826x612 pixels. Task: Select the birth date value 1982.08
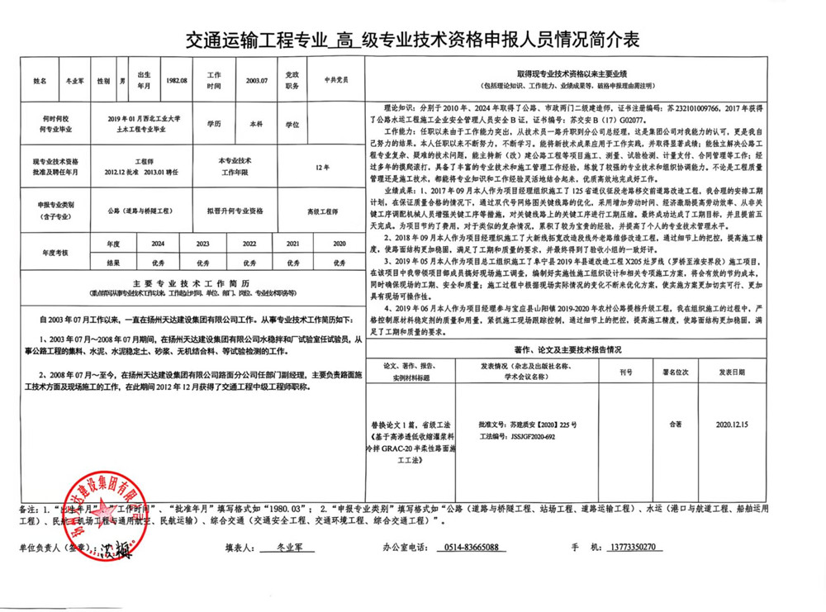tap(177, 81)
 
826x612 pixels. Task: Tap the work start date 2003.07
tap(258, 81)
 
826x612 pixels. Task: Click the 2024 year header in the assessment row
tap(158, 244)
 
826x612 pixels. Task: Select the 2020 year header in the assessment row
tap(339, 244)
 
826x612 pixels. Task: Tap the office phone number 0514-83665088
tap(468, 548)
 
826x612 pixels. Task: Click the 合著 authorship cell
tap(677, 425)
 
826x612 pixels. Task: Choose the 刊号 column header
tap(626, 372)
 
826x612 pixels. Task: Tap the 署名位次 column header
tap(677, 372)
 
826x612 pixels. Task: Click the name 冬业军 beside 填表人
tap(287, 548)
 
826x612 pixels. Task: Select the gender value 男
tap(123, 81)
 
